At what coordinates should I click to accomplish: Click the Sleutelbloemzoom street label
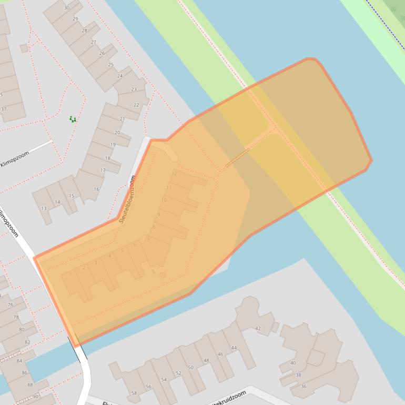tap(128, 199)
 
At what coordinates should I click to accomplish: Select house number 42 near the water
tap(258, 328)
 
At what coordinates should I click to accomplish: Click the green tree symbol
tap(73, 119)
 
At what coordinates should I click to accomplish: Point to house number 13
tap(44, 208)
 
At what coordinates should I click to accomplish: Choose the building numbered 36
tap(303, 387)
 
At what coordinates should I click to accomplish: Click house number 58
tap(134, 393)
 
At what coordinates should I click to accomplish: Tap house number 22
tap(136, 105)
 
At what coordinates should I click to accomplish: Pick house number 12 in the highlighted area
tap(174, 174)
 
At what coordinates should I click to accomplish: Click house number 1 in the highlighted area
tap(69, 274)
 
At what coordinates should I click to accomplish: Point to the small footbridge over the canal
tap(237, 158)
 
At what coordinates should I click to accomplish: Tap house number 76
tap(10, 305)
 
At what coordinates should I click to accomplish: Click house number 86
tap(24, 372)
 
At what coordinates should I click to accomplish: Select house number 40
tap(293, 363)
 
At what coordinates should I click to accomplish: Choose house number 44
tap(234, 348)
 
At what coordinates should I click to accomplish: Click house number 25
tap(110, 65)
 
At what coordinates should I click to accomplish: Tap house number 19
tap(113, 145)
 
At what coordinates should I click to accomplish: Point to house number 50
tap(190, 367)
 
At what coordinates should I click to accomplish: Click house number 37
tap(4, 109)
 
